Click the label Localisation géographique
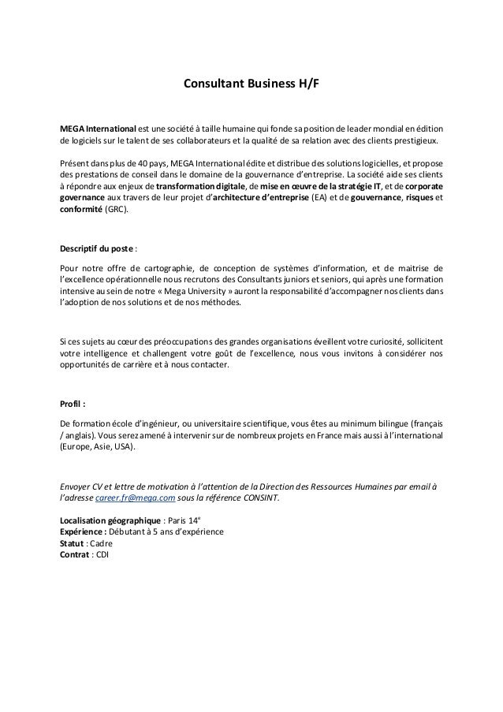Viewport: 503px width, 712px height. click(108, 520)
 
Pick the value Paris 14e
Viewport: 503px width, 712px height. click(184, 520)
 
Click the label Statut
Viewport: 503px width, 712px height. click(73, 542)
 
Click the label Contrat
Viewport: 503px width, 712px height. click(76, 554)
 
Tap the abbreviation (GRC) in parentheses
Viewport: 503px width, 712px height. click(120, 211)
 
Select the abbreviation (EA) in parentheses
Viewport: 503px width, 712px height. click(322, 199)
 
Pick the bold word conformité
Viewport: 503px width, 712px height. click(81, 211)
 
